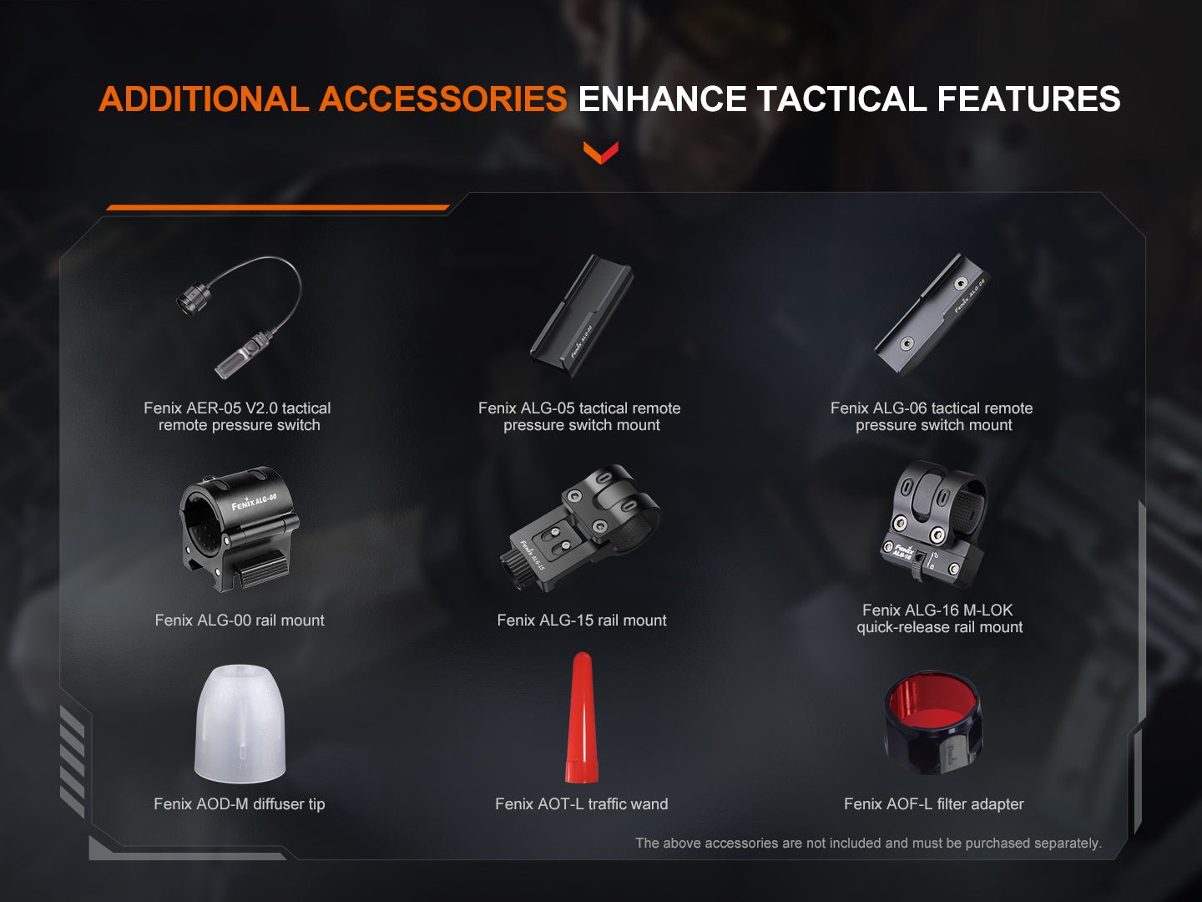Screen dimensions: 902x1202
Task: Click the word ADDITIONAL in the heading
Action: click(x=204, y=99)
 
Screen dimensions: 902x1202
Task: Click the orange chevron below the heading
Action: click(x=600, y=152)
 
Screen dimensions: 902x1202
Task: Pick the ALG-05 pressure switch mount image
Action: click(x=582, y=315)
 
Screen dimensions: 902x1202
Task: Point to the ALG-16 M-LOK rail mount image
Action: click(x=935, y=524)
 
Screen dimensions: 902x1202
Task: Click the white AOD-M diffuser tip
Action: click(x=240, y=723)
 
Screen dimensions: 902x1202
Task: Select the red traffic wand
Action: click(x=581, y=719)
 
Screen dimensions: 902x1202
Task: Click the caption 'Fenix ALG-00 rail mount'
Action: click(x=240, y=621)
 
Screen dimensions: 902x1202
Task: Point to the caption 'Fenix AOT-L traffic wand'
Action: click(x=582, y=804)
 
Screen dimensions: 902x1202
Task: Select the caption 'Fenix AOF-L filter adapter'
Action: click(x=933, y=804)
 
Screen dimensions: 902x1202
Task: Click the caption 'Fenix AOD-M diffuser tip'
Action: click(x=240, y=804)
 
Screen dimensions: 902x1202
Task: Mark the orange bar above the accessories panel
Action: click(x=278, y=207)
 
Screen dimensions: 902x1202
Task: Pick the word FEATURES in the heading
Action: click(x=1028, y=99)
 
